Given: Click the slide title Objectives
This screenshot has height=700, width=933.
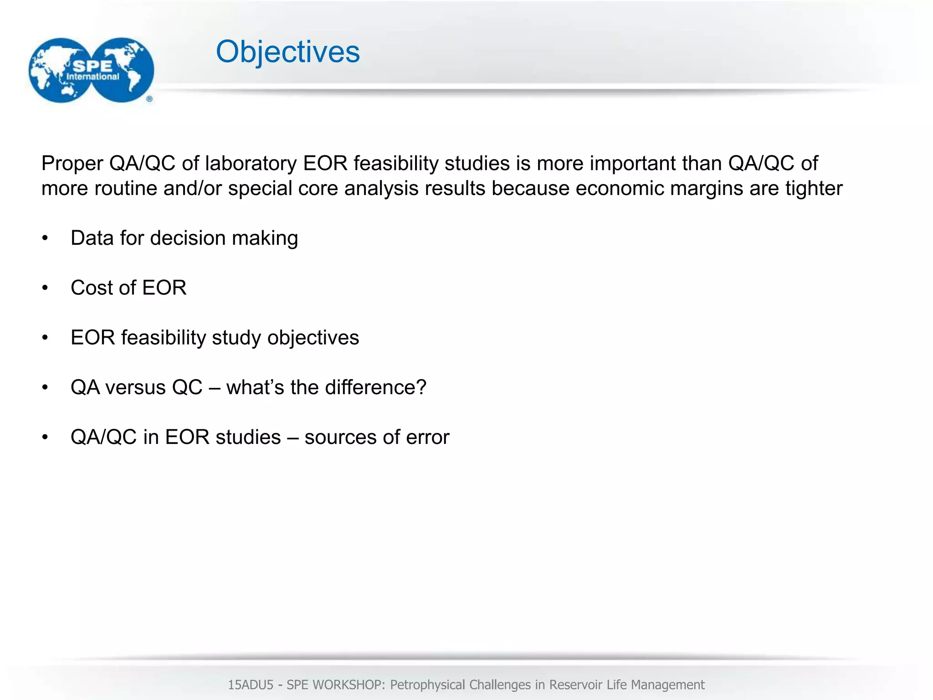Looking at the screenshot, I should (287, 52).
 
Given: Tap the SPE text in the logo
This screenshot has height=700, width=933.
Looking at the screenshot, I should (92, 66).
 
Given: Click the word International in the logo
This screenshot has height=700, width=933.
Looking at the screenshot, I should (92, 77).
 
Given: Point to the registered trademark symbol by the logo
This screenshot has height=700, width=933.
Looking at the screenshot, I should (149, 99).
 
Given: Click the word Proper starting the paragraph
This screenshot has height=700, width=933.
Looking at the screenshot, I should (72, 164).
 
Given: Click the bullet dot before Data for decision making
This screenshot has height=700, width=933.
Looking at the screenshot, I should (45, 238).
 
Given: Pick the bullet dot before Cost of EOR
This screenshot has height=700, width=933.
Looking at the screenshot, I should (45, 288).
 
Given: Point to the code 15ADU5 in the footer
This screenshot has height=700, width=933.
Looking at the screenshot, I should (250, 685).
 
